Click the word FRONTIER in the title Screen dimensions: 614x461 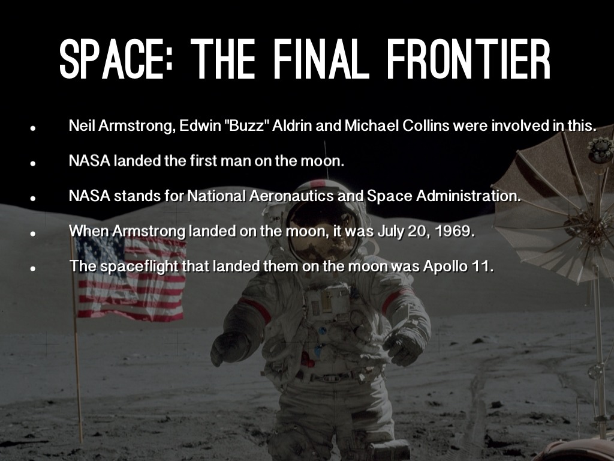(x=469, y=59)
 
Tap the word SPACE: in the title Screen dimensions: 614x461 (x=116, y=59)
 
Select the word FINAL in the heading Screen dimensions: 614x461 (x=321, y=59)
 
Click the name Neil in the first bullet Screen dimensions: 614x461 (x=82, y=125)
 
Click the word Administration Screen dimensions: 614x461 (x=468, y=195)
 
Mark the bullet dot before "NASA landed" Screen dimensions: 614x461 (x=33, y=163)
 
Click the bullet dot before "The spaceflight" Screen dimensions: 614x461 (x=33, y=268)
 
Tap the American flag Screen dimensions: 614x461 (x=130, y=279)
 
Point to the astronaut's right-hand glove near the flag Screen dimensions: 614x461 (x=229, y=349)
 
